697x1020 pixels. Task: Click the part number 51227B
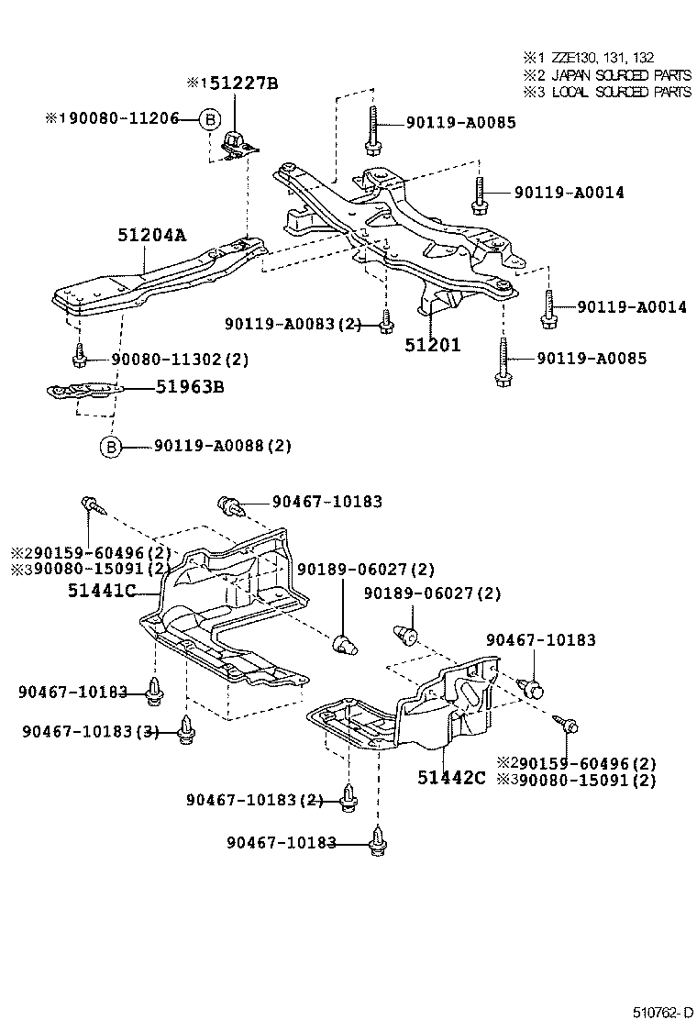[238, 84]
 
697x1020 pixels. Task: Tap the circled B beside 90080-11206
[210, 118]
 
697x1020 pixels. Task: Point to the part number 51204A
[151, 236]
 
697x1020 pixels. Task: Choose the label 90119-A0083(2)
[294, 323]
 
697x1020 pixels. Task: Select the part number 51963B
[190, 386]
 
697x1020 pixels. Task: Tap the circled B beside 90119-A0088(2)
[110, 447]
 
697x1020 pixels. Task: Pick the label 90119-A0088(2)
[222, 447]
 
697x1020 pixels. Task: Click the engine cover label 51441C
[102, 592]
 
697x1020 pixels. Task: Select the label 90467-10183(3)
[90, 731]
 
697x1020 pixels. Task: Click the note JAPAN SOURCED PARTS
[614, 74]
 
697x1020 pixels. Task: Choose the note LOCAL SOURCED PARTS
[614, 92]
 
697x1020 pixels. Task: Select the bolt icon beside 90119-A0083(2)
[385, 322]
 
